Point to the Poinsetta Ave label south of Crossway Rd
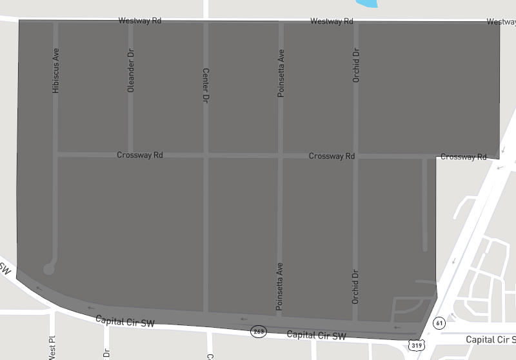tap(279, 287)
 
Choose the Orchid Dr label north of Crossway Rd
tap(355, 66)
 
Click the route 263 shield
tap(259, 332)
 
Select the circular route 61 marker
tap(439, 322)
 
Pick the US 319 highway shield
tap(415, 346)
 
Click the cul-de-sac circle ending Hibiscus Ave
tap(49, 269)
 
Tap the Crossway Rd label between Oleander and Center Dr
tap(139, 155)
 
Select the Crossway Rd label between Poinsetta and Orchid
tap(332, 156)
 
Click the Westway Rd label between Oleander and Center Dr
tap(139, 21)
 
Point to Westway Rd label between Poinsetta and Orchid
tap(332, 21)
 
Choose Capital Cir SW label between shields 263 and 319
tap(316, 335)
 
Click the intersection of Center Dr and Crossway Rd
tap(206, 155)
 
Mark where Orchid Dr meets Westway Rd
tap(355, 23)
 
